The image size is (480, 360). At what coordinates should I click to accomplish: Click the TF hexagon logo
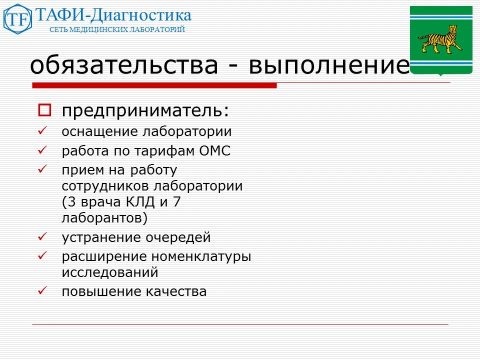click(17, 19)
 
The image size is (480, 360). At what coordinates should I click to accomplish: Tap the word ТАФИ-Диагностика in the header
click(113, 15)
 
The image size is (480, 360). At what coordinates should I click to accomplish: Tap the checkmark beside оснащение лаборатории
click(42, 131)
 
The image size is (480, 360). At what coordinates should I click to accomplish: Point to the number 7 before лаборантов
click(176, 202)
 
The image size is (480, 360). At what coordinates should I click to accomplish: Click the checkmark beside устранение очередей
click(42, 236)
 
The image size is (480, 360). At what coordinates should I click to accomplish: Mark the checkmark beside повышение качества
click(42, 290)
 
